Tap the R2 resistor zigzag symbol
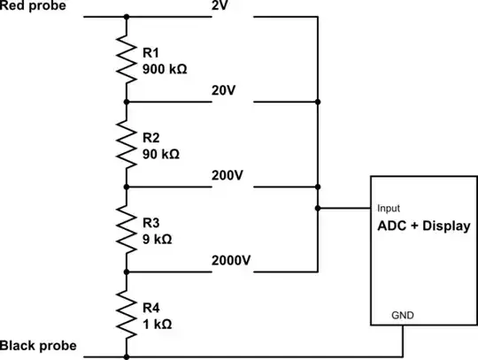(127, 144)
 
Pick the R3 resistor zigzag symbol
(127, 229)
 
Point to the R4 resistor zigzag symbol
(127, 314)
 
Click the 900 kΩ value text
(166, 68)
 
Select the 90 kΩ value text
(162, 153)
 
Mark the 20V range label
(225, 91)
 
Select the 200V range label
(227, 175)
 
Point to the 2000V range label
(231, 260)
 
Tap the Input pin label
(389, 208)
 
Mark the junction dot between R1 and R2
(127, 102)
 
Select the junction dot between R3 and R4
(127, 272)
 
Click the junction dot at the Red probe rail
(127, 17)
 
